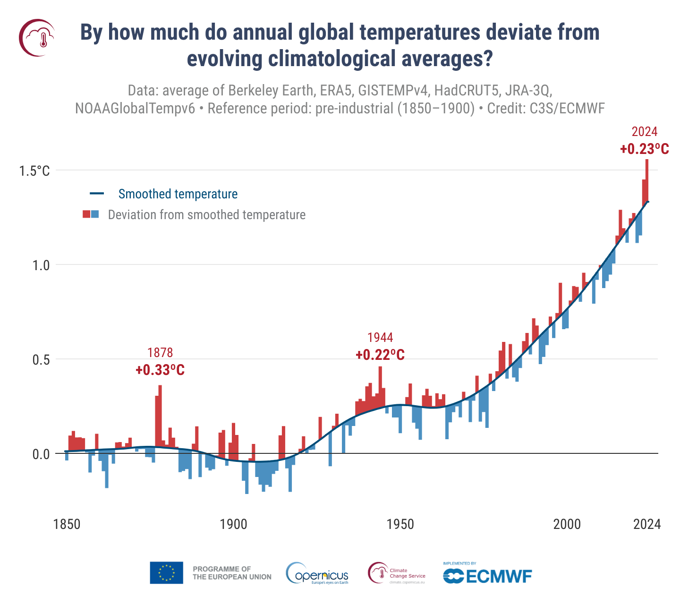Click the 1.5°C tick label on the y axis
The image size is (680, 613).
[34, 171]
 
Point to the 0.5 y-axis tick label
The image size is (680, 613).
[41, 360]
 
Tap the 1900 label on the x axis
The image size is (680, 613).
[233, 524]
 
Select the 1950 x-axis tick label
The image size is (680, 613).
[400, 524]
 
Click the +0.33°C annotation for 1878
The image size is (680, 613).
[160, 370]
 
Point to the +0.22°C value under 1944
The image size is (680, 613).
[380, 355]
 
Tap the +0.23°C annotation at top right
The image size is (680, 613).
[645, 149]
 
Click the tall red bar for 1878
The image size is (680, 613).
[160, 416]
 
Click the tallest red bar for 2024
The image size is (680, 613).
[647, 179]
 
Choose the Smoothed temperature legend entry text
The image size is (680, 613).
[178, 194]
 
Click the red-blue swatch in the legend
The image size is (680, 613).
[91, 214]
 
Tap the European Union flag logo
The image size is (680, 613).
[167, 573]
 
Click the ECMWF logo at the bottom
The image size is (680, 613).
[487, 574]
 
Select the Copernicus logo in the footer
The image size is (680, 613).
[317, 574]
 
